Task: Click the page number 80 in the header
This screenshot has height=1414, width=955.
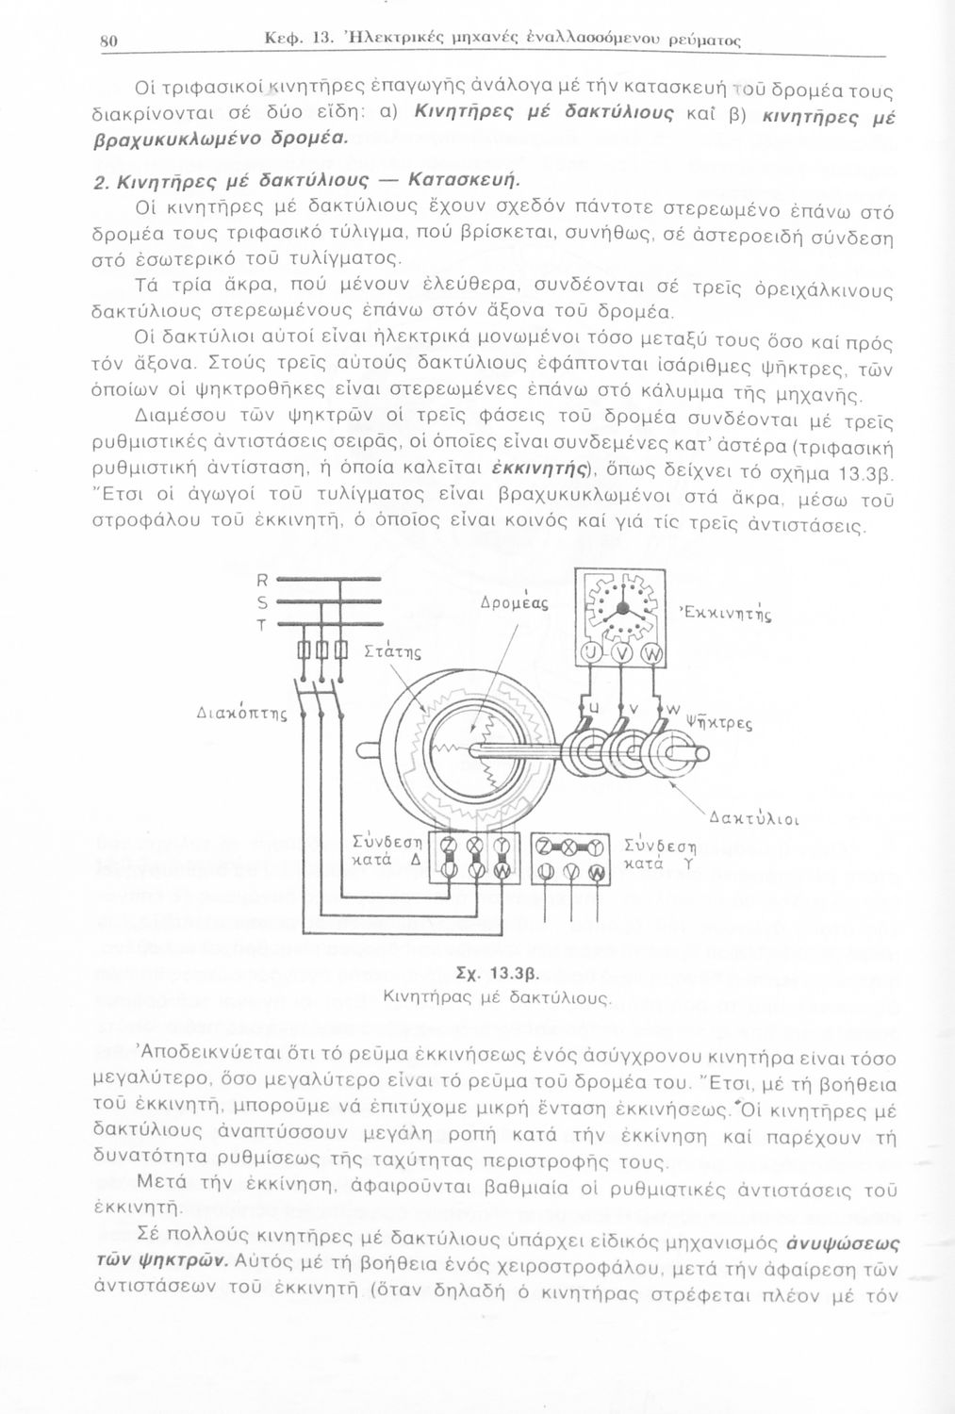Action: click(107, 41)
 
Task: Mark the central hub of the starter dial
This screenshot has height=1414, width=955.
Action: click(619, 609)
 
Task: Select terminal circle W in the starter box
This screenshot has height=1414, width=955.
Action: click(650, 655)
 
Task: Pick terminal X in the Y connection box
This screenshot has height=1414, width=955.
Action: click(568, 847)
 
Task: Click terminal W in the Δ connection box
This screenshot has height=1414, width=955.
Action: click(501, 872)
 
